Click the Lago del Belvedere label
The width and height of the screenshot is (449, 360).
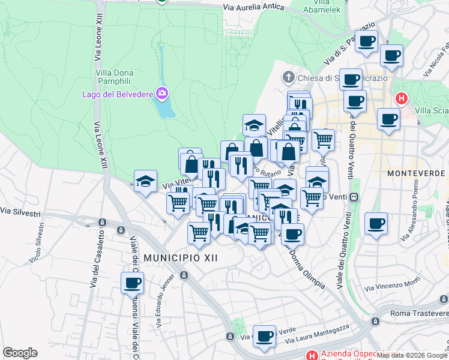117,94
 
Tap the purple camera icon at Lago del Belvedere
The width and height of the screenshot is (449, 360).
161,94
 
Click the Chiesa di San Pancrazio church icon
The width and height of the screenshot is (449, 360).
289,77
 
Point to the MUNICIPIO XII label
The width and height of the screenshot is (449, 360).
180,257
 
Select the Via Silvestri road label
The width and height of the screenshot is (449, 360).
20,212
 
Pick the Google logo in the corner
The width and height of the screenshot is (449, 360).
20,353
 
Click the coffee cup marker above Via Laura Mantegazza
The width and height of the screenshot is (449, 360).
264,337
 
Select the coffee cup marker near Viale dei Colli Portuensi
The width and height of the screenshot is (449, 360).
132,283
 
